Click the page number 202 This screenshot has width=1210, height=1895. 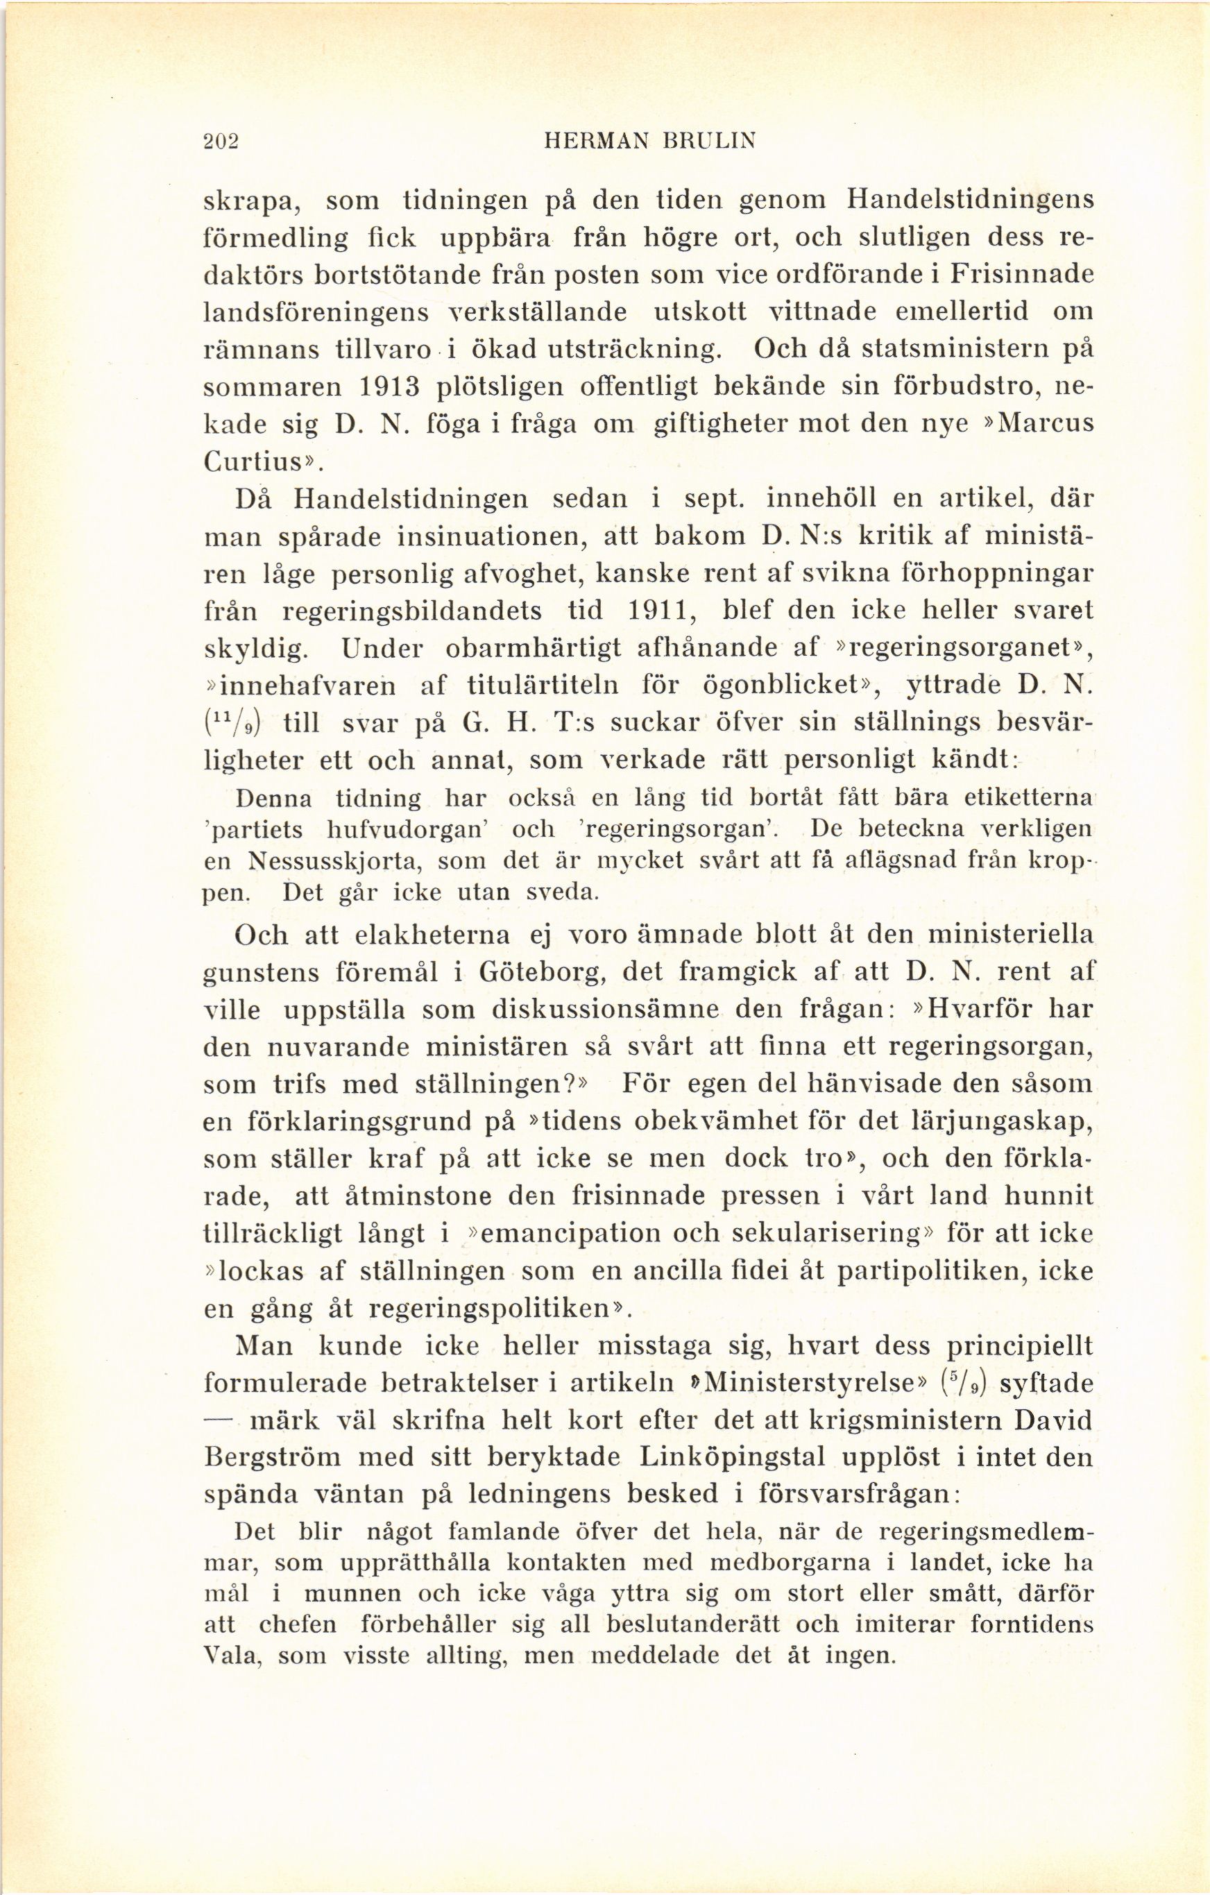pos(221,141)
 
